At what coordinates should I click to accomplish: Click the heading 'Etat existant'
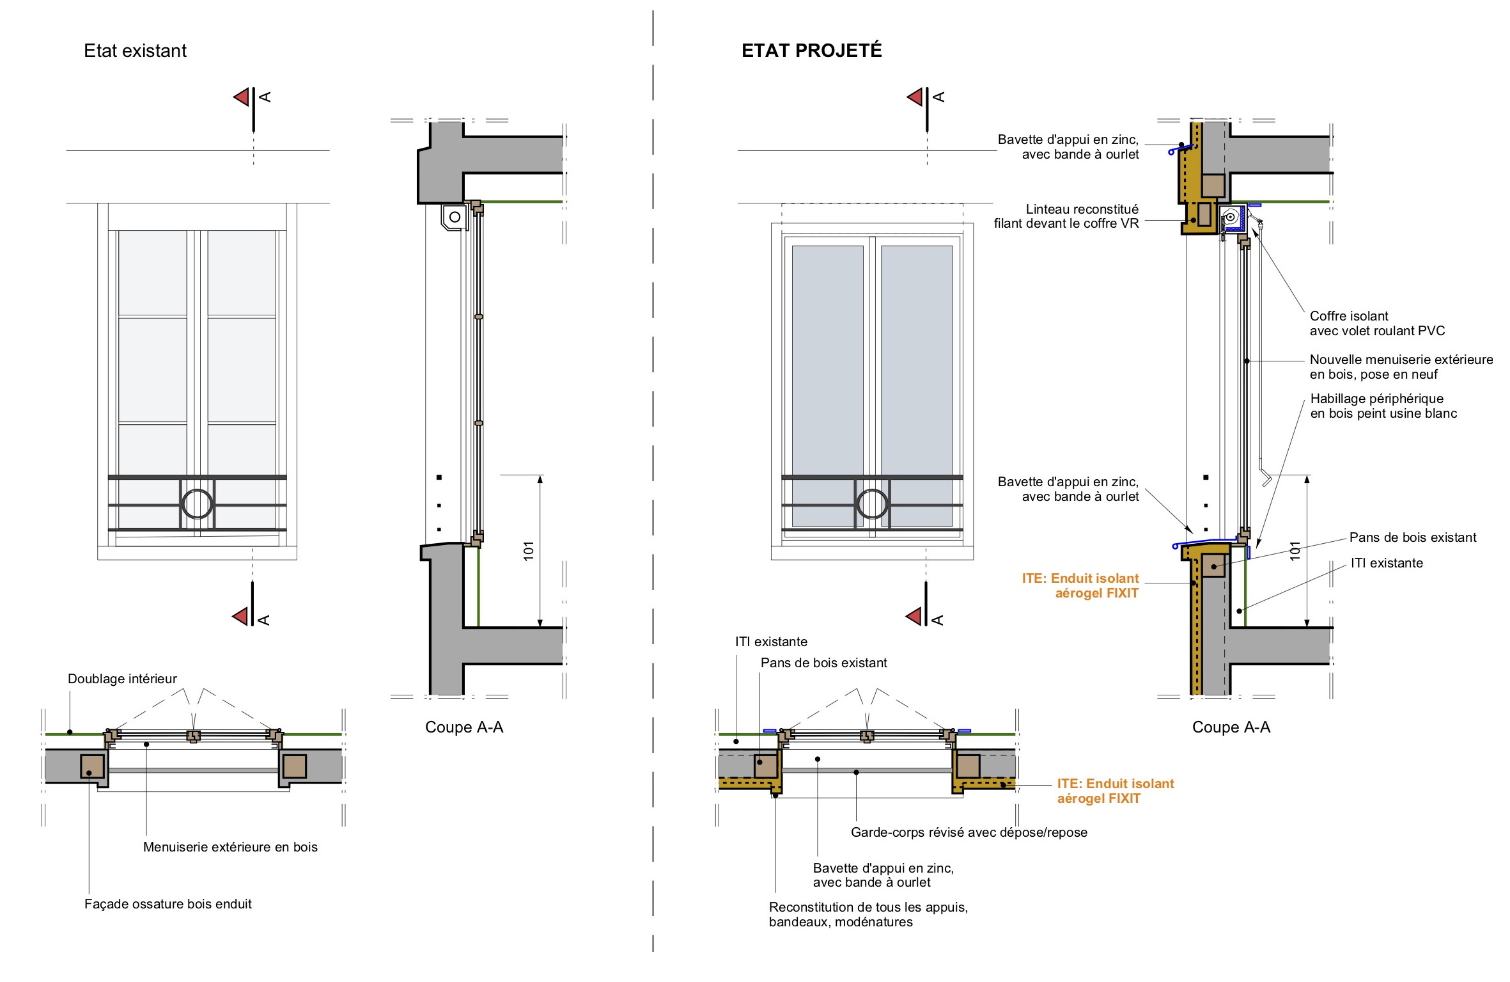tap(135, 51)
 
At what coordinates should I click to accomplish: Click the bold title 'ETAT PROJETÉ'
tap(811, 51)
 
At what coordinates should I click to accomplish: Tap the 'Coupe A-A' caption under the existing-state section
tap(464, 727)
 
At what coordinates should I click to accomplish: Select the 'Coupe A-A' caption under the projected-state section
tap(1231, 727)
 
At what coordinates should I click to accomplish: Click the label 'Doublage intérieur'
tap(122, 679)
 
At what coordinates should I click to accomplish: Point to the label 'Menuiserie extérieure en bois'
tap(230, 847)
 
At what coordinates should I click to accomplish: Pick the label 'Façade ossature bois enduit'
tap(168, 904)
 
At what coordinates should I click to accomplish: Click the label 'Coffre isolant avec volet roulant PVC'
tap(1376, 324)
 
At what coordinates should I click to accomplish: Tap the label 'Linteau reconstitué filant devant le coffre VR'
tap(1066, 216)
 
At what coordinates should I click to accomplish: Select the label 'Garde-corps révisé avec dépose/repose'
tap(969, 832)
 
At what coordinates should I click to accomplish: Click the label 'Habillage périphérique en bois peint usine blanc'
tap(1383, 406)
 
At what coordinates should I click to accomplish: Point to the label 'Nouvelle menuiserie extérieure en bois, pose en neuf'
tap(1401, 367)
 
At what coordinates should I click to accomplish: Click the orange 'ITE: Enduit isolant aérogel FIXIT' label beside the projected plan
tap(1115, 791)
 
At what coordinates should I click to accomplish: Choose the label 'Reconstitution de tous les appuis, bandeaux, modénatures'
tap(868, 914)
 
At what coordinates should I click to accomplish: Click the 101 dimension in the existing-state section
tap(529, 551)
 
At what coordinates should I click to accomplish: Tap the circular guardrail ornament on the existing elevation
tap(197, 503)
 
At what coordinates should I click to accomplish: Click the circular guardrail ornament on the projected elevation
tap(872, 503)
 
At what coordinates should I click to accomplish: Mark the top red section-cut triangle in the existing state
tap(242, 97)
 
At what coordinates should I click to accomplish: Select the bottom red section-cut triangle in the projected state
tap(915, 617)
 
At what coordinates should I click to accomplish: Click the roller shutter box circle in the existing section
tap(455, 217)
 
